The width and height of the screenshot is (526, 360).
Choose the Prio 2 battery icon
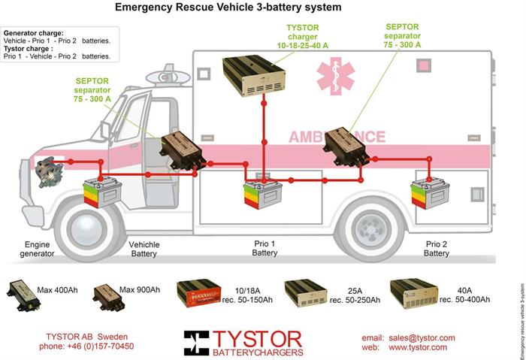[429, 194]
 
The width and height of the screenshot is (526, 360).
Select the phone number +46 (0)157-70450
[86, 346]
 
